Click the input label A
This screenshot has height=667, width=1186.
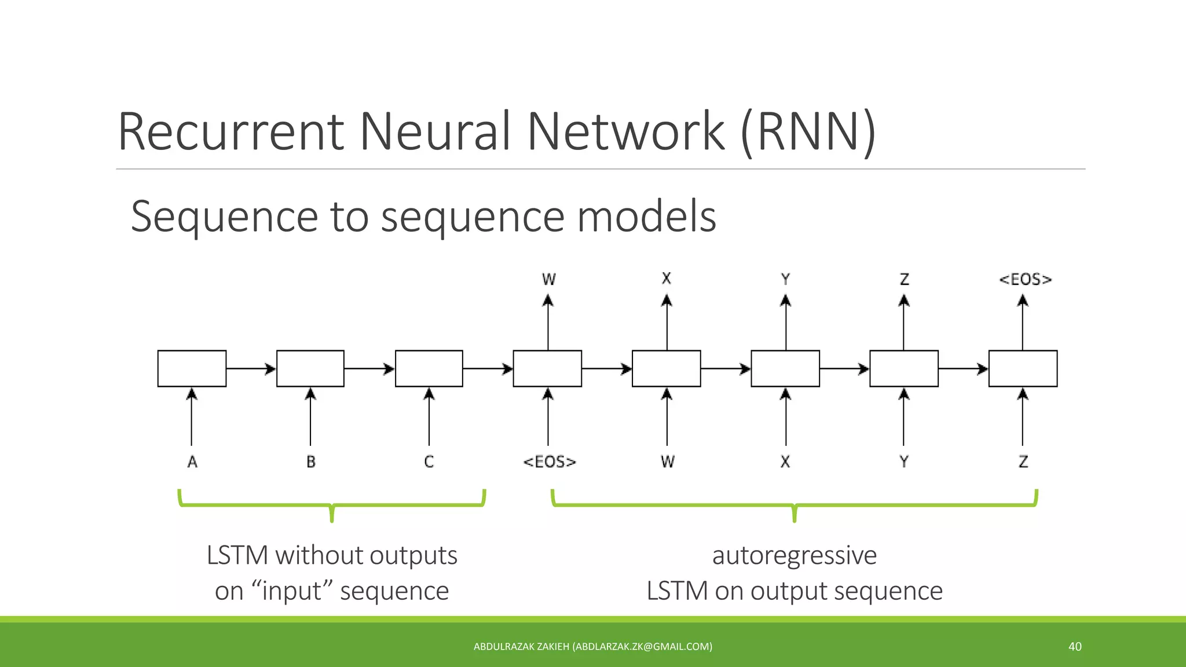pos(192,462)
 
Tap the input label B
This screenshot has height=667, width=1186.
pos(311,462)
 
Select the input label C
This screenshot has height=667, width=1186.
pos(429,462)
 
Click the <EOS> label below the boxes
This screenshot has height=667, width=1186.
pos(550,462)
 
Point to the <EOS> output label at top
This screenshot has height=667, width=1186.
pos(1025,280)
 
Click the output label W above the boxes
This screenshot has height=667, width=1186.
pos(548,280)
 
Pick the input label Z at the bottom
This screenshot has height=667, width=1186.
pos(1023,462)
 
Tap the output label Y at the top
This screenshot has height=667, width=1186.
pos(786,280)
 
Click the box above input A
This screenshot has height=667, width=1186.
pos(192,368)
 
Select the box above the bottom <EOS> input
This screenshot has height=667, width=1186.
pos(547,368)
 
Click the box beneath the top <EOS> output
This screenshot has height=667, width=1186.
pos(1023,368)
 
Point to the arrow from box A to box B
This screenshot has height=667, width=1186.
pos(251,368)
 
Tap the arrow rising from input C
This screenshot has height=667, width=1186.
pos(429,417)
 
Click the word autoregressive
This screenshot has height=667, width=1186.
pos(794,555)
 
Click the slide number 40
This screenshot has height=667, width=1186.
pos(1075,647)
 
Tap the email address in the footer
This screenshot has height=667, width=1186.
pos(642,647)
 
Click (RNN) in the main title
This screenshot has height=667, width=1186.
pos(808,132)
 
